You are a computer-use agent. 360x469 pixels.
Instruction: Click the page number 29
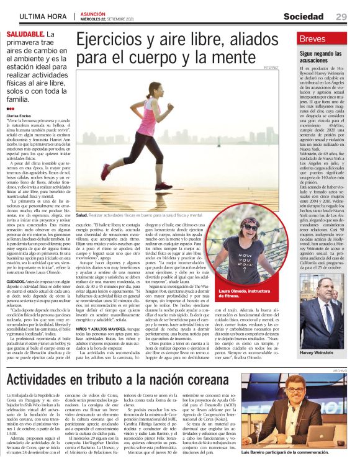point(341,16)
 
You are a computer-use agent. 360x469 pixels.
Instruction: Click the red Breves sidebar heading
point(312,38)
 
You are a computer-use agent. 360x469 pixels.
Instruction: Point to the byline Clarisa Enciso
point(21,116)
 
